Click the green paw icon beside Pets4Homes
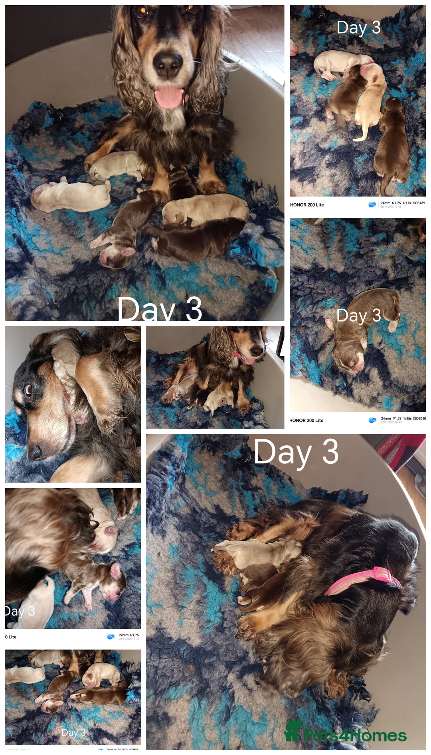click(293, 731)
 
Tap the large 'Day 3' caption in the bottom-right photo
click(296, 452)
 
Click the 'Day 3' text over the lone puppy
click(358, 316)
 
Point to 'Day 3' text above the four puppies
click(358, 28)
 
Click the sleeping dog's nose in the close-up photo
click(36, 452)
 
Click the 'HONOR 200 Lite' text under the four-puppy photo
click(307, 205)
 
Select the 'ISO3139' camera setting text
click(418, 203)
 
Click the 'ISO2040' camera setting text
click(419, 419)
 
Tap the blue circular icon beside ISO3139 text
click(372, 205)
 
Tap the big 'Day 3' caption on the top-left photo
click(160, 310)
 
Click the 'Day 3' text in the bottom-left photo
click(73, 732)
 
